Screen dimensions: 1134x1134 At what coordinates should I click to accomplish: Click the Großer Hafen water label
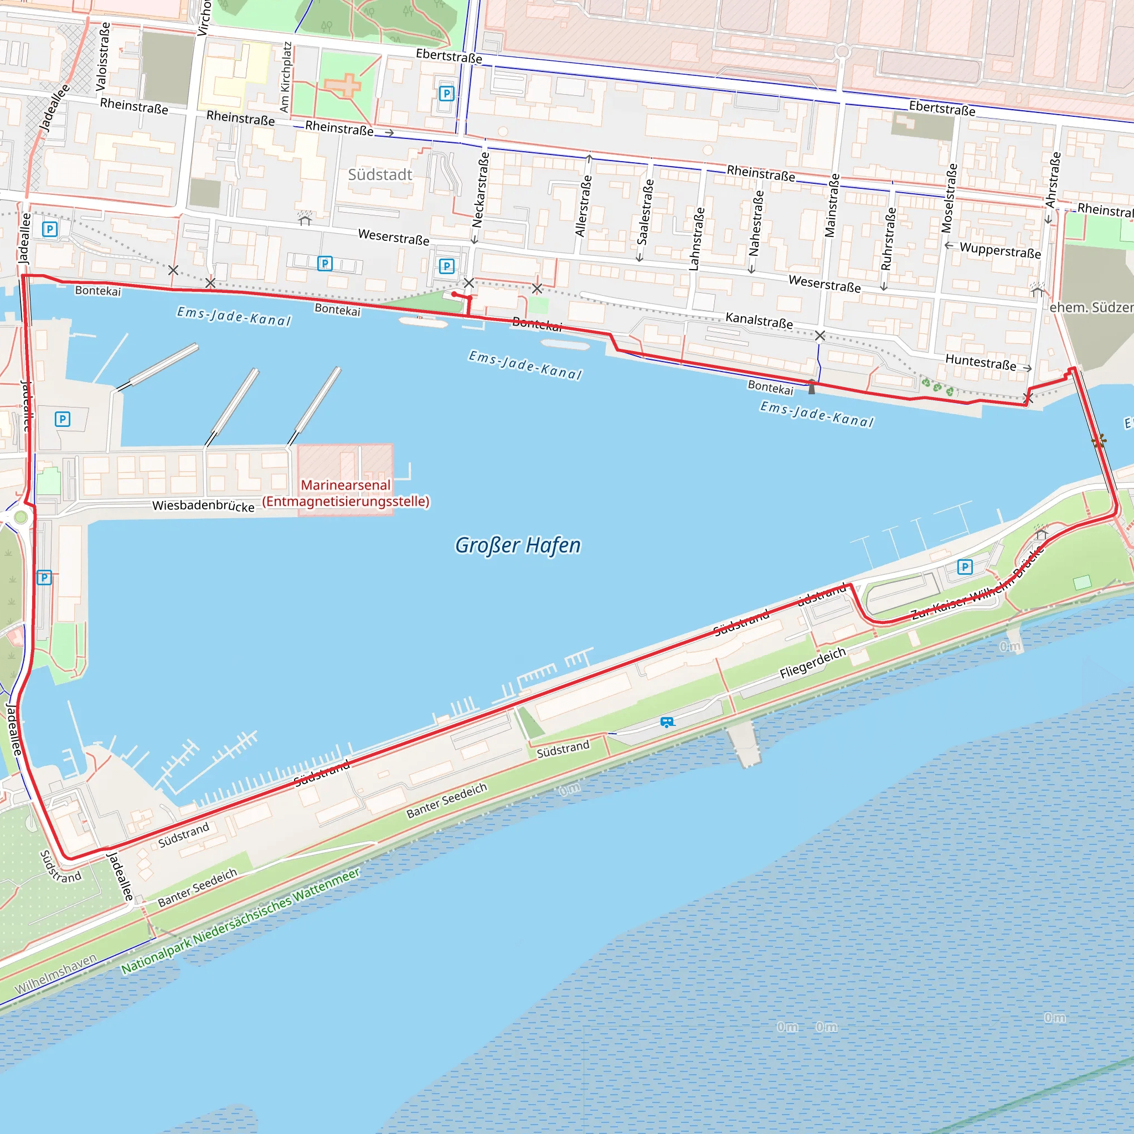tap(518, 545)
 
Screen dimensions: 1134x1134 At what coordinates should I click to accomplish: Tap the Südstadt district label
tap(380, 175)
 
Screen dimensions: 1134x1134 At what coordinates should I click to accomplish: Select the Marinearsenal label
tap(345, 485)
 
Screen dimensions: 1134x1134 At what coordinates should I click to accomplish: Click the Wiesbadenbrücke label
tap(203, 506)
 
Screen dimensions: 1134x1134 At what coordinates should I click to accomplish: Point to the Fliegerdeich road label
tap(812, 663)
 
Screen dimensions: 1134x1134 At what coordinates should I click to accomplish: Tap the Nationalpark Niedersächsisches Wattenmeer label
tap(240, 920)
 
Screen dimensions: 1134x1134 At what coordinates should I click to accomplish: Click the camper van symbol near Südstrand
tap(667, 722)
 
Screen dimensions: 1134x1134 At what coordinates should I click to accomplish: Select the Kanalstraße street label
tap(759, 321)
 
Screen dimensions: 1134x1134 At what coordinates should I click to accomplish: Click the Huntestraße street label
tap(980, 362)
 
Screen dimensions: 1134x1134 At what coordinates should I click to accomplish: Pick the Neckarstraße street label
tap(481, 189)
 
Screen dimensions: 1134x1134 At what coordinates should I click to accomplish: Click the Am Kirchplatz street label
tap(286, 77)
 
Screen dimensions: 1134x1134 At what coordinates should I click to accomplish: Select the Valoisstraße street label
tap(103, 56)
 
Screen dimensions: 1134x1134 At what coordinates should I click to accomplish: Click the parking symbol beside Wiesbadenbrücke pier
tap(62, 419)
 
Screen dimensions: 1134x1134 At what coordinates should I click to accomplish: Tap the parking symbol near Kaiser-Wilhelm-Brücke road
tap(965, 567)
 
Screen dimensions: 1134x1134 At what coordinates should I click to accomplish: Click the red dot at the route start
tap(454, 294)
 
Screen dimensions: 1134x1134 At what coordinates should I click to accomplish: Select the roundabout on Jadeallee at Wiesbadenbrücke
tap(20, 517)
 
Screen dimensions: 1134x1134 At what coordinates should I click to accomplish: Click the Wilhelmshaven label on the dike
tap(56, 975)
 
